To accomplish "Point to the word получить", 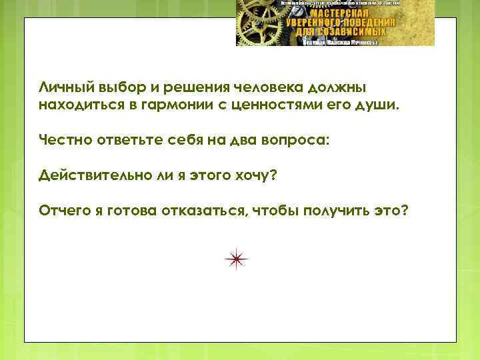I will pyautogui.click(x=341, y=211).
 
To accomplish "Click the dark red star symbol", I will pyautogui.click(x=237, y=259).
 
